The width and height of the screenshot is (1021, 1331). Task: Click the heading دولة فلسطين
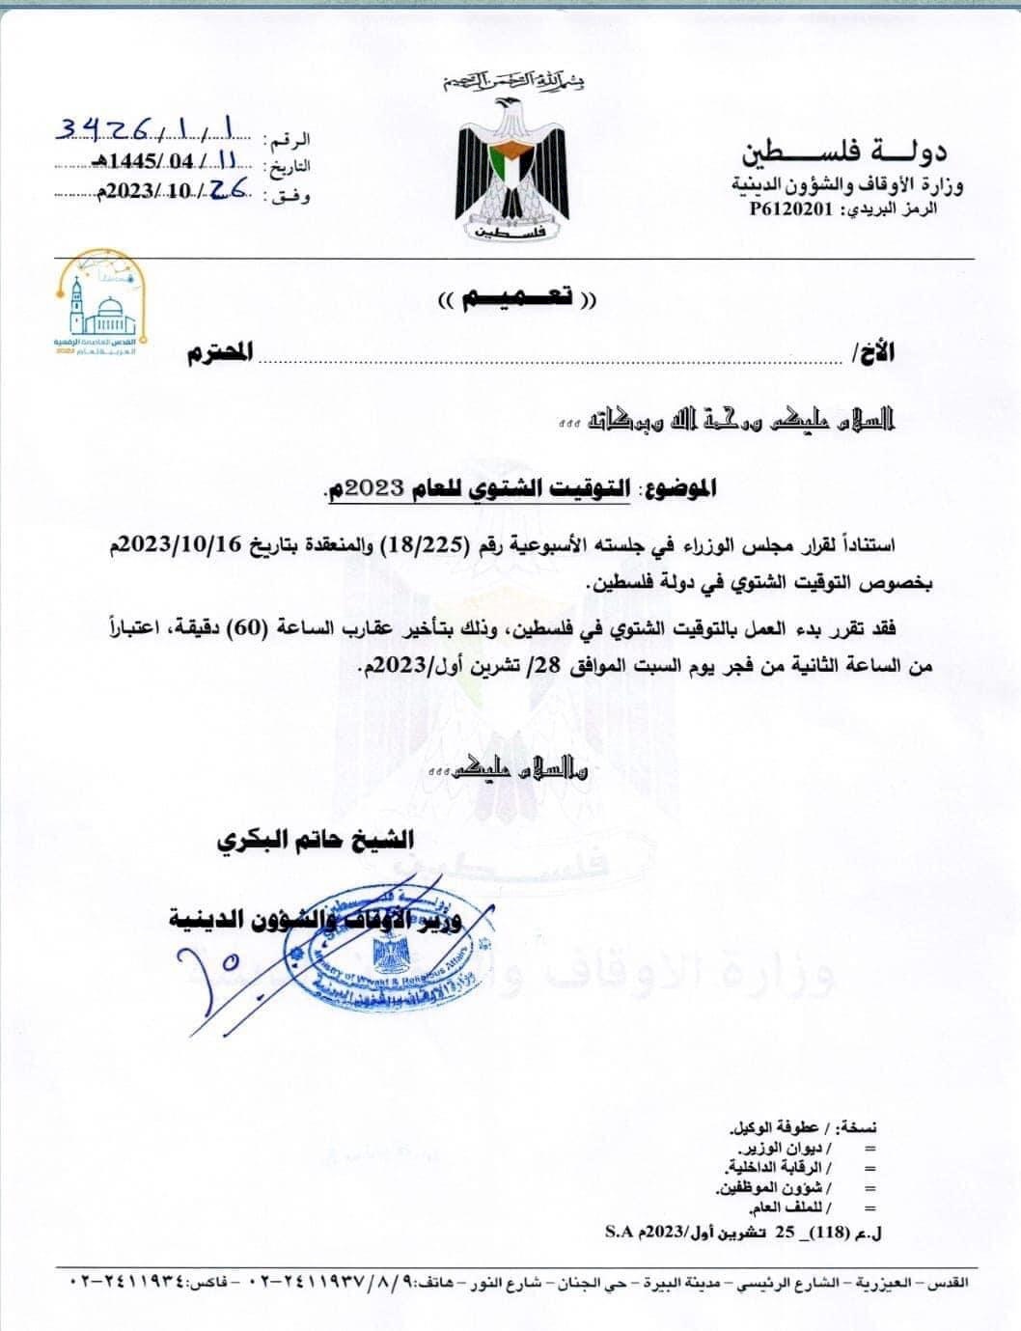[843, 151]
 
